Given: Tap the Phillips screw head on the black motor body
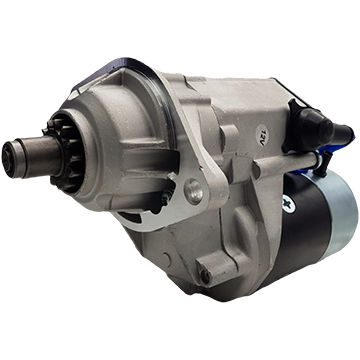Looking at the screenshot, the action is point(288,204).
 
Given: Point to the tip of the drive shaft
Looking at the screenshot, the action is point(8,159).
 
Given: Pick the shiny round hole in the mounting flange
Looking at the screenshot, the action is point(193,191).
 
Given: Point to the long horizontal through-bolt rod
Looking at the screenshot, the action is point(287,162).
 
